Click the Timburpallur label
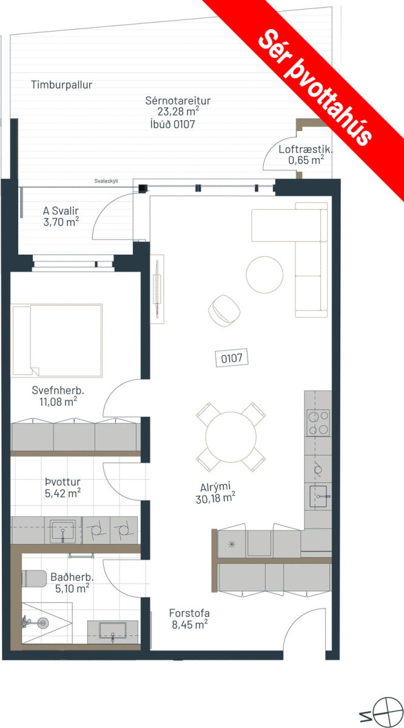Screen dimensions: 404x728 (x=61, y=85)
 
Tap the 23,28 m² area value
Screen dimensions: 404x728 (x=178, y=112)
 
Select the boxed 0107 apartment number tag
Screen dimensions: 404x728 (x=232, y=358)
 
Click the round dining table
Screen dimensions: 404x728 (x=231, y=437)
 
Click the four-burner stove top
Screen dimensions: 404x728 (x=318, y=422)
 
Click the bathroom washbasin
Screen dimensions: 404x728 (x=112, y=631)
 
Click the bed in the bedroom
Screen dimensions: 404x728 (x=56, y=340)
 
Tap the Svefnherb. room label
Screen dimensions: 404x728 (x=58, y=390)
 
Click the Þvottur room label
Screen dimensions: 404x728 (x=62, y=482)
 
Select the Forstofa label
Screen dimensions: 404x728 (x=189, y=613)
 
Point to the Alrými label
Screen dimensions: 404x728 (x=215, y=487)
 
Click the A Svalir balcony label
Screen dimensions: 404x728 (x=61, y=211)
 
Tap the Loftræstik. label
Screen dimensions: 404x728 (x=306, y=149)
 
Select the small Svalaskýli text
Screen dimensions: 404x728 (x=106, y=181)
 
